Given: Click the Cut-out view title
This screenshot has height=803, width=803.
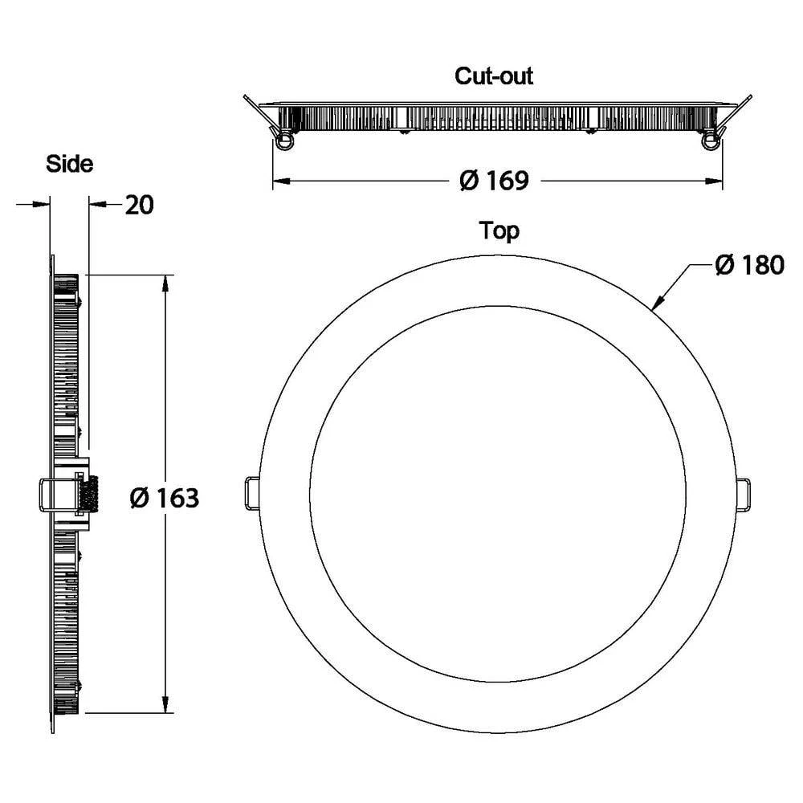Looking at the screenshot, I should click(x=494, y=76).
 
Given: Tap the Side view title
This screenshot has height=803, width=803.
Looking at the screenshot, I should click(x=69, y=165).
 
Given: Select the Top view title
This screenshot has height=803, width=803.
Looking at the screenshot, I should click(x=499, y=231).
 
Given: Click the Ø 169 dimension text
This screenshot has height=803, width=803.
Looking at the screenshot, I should click(x=494, y=181).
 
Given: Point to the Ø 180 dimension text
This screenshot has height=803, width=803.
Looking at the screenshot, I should click(x=748, y=265).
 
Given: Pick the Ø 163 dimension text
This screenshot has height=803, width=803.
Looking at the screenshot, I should click(x=164, y=498).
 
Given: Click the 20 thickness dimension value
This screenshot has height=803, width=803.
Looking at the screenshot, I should click(x=139, y=205).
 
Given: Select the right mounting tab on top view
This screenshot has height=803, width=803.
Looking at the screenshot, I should click(x=744, y=493).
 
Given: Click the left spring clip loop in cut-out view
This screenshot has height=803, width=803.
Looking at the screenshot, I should click(x=283, y=142).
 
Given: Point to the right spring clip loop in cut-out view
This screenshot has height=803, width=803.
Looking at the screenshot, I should click(x=709, y=142).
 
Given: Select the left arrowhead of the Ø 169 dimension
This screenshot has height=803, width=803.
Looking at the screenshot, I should click(x=279, y=182).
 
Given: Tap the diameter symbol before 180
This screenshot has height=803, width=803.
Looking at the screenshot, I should click(x=724, y=265).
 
